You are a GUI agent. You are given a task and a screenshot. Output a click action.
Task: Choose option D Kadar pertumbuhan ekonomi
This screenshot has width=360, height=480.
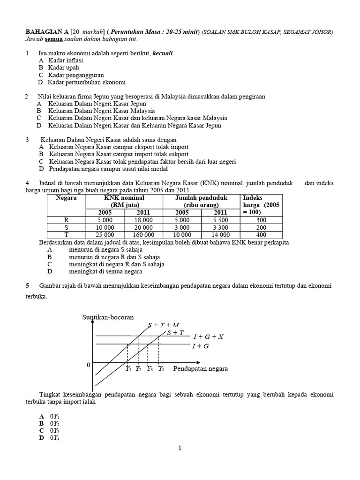[x=82, y=82]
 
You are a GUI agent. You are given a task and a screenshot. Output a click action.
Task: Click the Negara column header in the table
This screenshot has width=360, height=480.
[x=66, y=198]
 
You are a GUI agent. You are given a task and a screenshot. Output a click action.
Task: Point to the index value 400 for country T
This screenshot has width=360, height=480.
[x=262, y=235]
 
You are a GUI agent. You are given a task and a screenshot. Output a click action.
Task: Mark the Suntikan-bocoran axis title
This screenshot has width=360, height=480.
[x=108, y=317]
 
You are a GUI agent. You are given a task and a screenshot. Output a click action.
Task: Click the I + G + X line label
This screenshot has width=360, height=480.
[x=208, y=337]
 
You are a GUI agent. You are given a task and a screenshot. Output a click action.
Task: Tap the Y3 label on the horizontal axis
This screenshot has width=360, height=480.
[x=150, y=369]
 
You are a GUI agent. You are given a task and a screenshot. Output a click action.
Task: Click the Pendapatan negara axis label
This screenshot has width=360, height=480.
[x=201, y=368]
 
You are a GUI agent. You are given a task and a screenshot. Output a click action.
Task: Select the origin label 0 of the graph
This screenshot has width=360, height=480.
[x=88, y=365]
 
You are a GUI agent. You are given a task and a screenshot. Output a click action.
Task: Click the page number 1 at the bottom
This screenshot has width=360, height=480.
[x=180, y=449]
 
